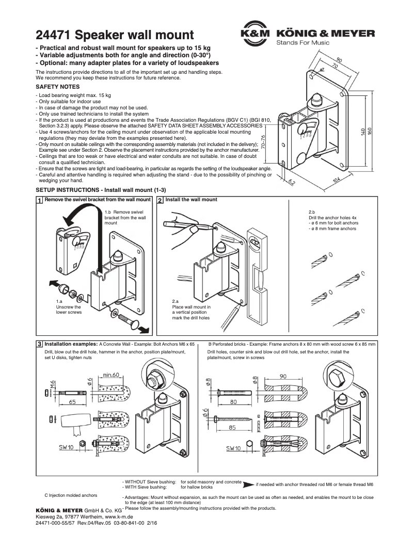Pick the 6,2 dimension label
coord(292,181)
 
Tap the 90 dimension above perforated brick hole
coord(285,377)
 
